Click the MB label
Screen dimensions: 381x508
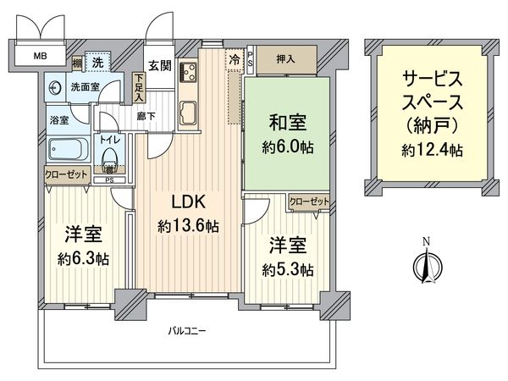(41, 58)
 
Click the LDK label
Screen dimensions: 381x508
(188, 204)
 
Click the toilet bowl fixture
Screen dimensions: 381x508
(108, 157)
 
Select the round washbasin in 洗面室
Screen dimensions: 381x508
(55, 86)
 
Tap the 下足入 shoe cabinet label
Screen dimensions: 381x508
(139, 87)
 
